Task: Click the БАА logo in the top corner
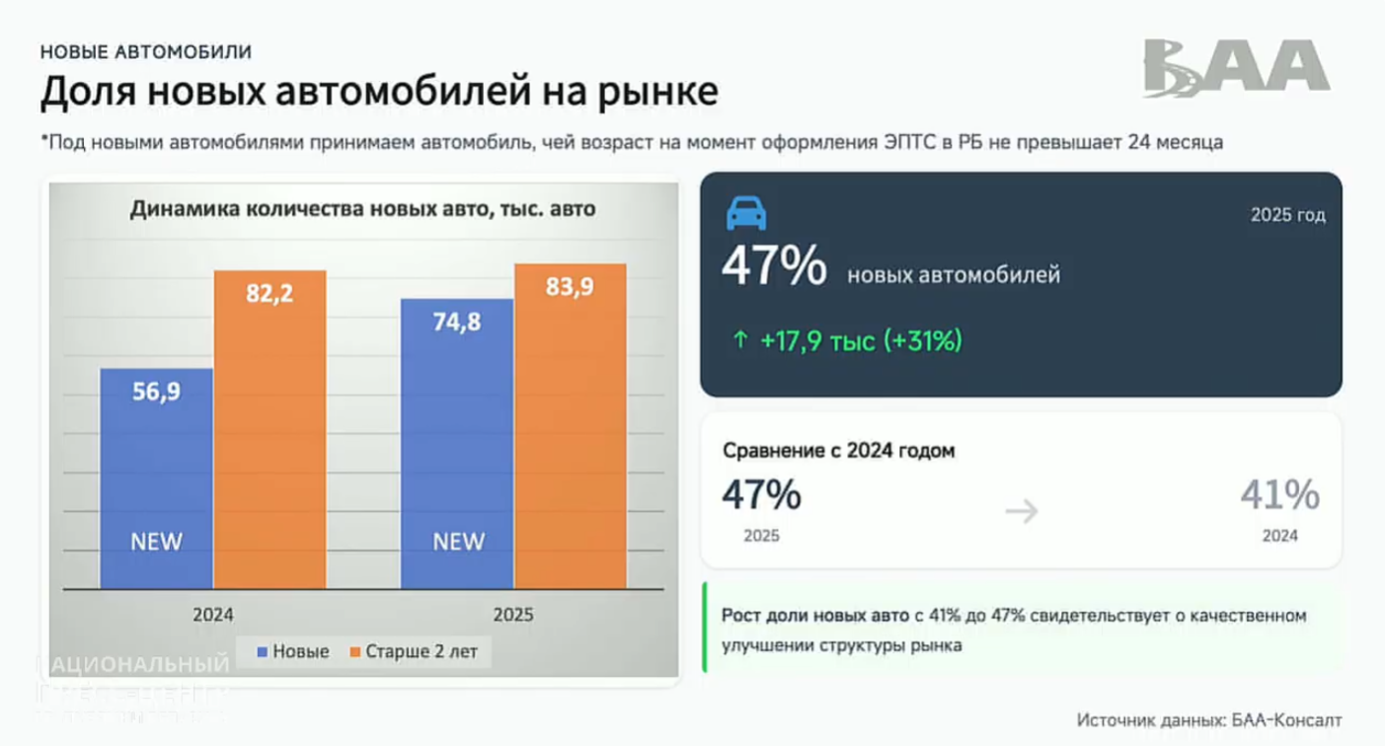pos(1236,68)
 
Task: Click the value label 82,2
pos(269,293)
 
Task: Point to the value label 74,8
pos(456,321)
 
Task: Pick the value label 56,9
pos(157,391)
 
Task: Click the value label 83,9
pos(570,286)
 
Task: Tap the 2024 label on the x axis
pos(213,614)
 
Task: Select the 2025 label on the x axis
pos(512,614)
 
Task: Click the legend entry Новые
pos(292,651)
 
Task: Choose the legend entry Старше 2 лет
pos(413,651)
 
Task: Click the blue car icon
pos(746,214)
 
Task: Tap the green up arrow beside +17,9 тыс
pos(739,341)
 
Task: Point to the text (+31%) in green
pos(923,341)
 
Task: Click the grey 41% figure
pos(1279,495)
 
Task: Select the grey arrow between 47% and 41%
pos(1022,511)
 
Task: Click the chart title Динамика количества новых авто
pos(362,209)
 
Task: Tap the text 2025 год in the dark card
pos(1287,215)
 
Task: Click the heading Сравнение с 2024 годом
pos(839,451)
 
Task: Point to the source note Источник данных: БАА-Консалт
pos(1209,720)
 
